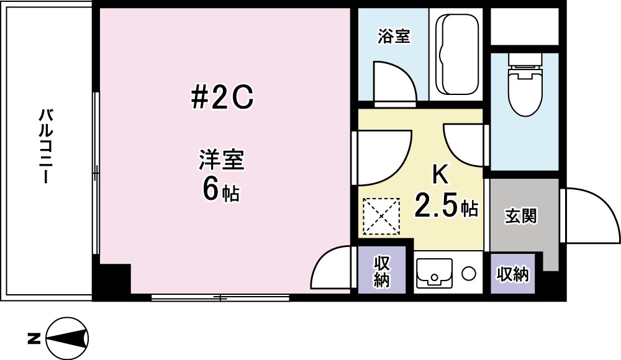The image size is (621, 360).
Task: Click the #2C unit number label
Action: tap(221, 97)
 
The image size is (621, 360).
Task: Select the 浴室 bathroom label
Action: tap(394, 37)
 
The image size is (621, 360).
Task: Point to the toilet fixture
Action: tap(524, 88)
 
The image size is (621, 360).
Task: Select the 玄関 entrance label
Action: tap(520, 217)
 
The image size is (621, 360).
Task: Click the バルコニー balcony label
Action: tap(45, 146)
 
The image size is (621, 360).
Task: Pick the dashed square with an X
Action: tap(380, 216)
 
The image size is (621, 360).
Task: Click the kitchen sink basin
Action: tap(434, 272)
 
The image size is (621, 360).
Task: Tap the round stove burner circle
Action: tap(469, 273)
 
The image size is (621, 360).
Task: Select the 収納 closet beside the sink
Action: tap(381, 272)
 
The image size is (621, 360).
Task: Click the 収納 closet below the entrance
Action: tap(512, 273)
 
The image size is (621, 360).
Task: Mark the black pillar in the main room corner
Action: tap(112, 279)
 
